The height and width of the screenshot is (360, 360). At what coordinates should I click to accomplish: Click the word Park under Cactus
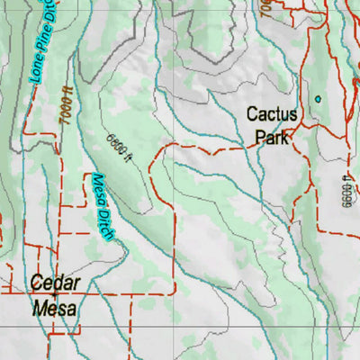271,138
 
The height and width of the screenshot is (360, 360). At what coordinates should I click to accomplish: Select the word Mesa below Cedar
56,308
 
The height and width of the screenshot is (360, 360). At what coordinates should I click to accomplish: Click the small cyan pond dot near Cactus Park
317,98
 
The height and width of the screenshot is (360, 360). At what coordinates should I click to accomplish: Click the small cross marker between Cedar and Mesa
54,294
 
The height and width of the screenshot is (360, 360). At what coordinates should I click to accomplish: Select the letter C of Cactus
252,116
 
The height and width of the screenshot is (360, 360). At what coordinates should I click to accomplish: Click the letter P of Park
259,138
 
